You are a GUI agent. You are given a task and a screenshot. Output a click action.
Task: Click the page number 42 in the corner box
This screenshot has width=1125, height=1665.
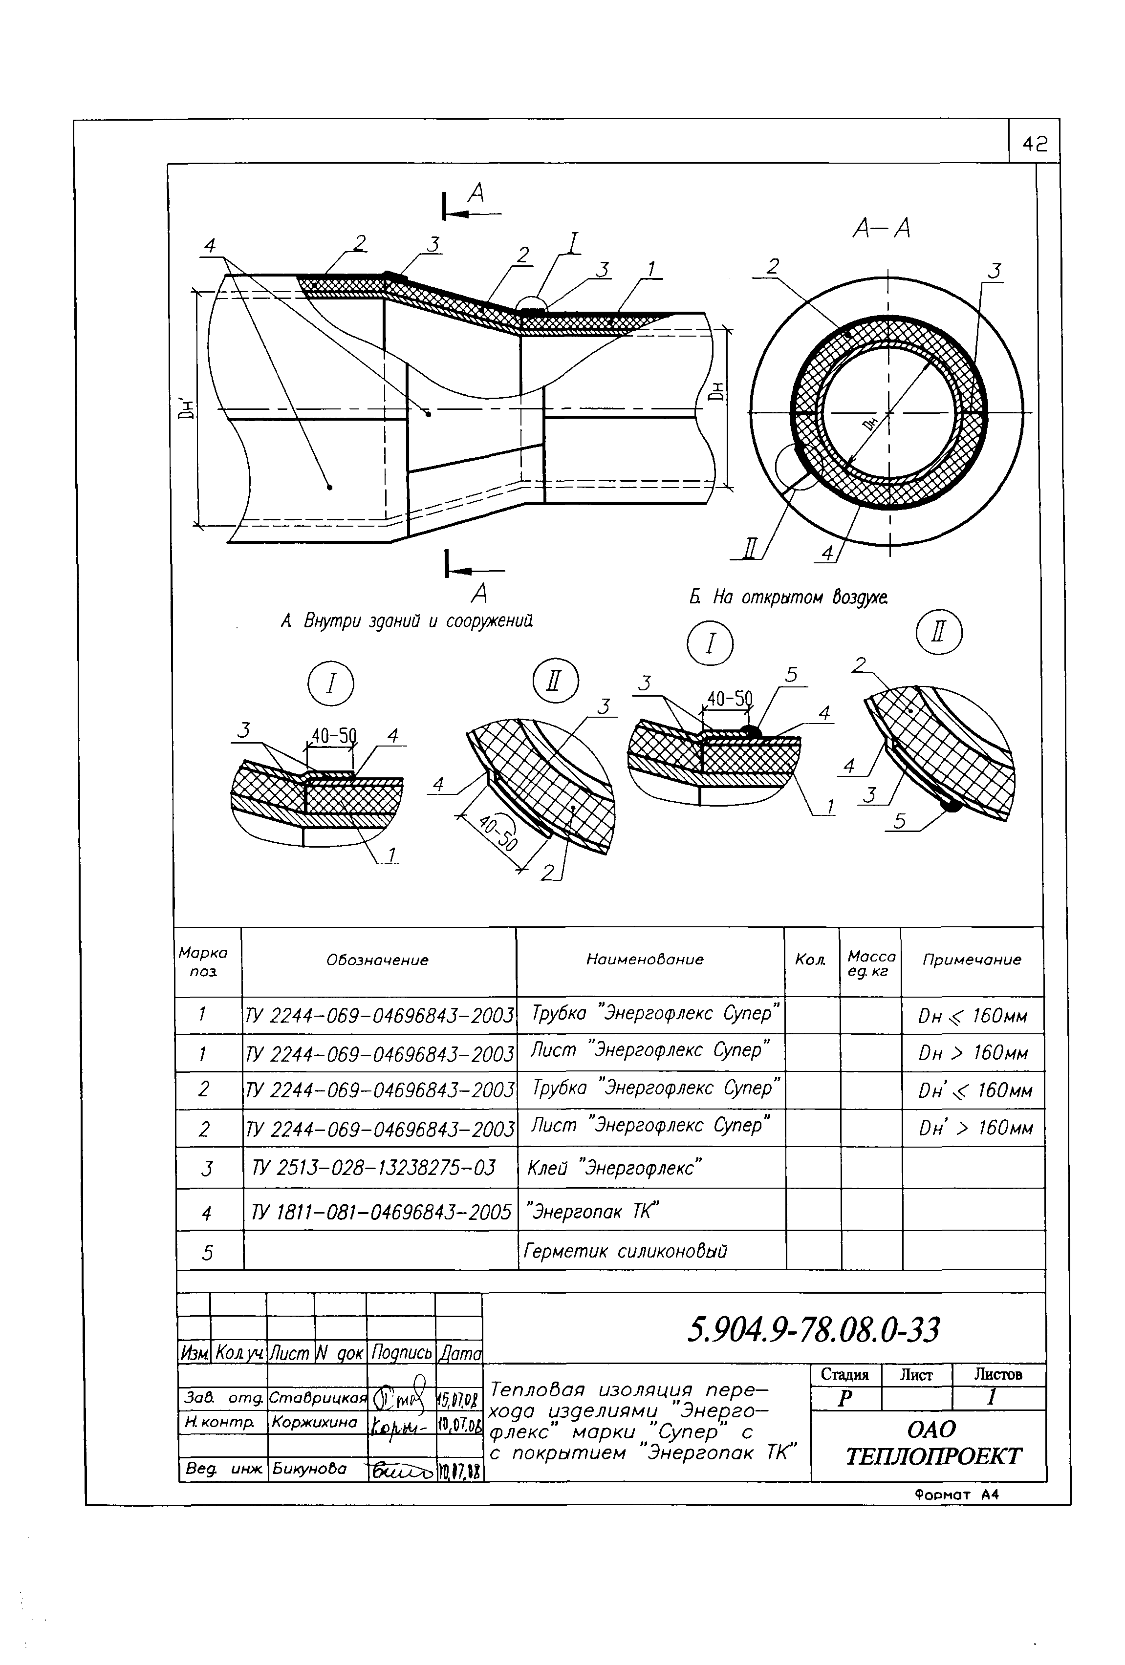pos(1034,144)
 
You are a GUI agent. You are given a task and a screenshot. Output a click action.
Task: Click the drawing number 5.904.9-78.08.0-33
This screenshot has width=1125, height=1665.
pos(813,1330)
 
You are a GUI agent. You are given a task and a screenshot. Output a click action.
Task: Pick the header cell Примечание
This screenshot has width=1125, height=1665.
pos(971,960)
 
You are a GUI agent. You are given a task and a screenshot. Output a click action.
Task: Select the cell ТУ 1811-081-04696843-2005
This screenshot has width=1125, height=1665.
pos(381,1212)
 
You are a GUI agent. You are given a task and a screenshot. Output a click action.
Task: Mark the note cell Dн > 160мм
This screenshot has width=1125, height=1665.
pos(973,1053)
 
